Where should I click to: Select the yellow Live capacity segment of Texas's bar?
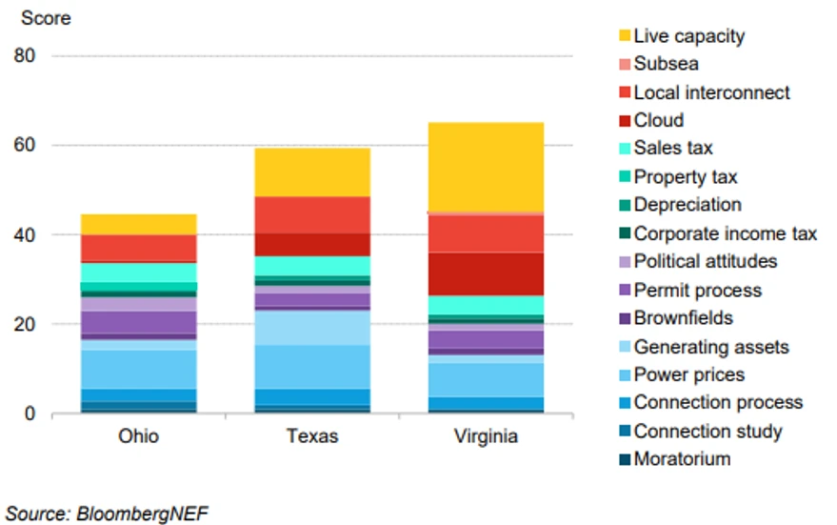[x=311, y=172]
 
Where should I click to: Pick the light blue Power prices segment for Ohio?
[x=138, y=369]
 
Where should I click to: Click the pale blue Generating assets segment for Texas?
[x=311, y=328]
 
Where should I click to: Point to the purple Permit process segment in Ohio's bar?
[x=138, y=323]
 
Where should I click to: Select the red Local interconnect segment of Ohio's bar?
[x=138, y=248]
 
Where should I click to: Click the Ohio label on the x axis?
[x=138, y=436]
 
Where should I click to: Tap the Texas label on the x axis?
[x=311, y=436]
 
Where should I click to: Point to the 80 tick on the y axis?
[x=25, y=56]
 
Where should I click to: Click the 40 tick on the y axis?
[x=25, y=235]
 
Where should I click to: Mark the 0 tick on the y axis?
[x=30, y=414]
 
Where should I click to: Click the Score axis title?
[x=46, y=18]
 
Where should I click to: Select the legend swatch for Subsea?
[x=624, y=65]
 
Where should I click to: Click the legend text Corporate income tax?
[x=725, y=233]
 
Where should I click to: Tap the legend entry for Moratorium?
[x=682, y=459]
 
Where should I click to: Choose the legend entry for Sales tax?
[x=672, y=149]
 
